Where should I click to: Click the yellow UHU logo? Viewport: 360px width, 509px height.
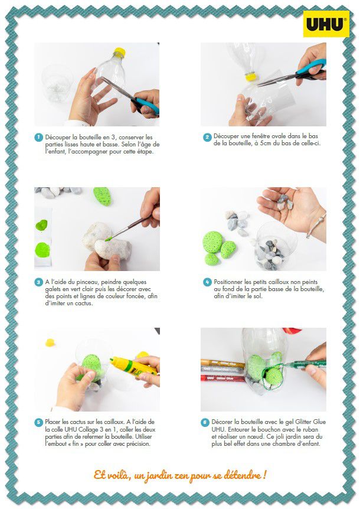pos(326,24)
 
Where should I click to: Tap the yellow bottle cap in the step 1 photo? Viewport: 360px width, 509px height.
pos(119,53)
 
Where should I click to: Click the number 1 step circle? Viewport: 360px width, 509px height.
pos(38,138)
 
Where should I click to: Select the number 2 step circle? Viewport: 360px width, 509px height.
pos(207,138)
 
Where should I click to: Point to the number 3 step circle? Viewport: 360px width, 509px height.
pos(38,282)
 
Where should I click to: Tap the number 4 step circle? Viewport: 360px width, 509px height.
pos(207,282)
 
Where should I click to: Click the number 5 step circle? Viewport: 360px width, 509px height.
pos(38,422)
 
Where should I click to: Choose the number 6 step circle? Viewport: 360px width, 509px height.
pos(205,422)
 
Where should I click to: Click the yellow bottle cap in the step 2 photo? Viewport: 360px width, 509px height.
pos(251,77)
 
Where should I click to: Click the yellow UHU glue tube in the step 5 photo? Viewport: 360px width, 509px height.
pos(133,366)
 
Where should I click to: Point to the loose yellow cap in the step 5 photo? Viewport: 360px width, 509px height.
pos(50,342)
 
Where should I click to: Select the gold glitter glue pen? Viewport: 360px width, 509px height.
pos(222,364)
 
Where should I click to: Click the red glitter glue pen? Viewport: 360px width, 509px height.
pos(222,378)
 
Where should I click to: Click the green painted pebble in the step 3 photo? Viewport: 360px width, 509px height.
pos(103,196)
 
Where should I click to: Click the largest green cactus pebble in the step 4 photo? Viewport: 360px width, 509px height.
pos(213,242)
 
